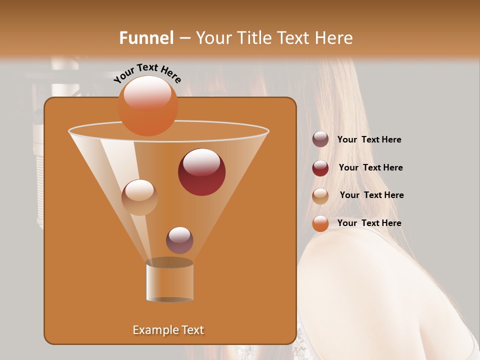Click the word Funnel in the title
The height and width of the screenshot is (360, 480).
pyautogui.click(x=146, y=38)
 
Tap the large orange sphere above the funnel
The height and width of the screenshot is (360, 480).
pyautogui.click(x=147, y=105)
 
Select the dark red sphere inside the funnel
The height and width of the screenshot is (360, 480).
pyautogui.click(x=201, y=171)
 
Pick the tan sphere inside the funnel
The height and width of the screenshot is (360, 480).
pyautogui.click(x=139, y=197)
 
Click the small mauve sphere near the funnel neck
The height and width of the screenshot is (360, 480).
pyautogui.click(x=179, y=240)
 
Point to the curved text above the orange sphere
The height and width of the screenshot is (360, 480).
pyautogui.click(x=147, y=73)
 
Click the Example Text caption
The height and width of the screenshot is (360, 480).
pyautogui.click(x=168, y=330)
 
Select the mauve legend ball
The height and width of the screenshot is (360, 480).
pyautogui.click(x=320, y=139)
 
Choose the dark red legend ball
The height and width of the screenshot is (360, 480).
pyautogui.click(x=320, y=168)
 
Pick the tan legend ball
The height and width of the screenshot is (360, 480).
pyautogui.click(x=320, y=196)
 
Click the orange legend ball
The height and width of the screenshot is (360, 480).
pyautogui.click(x=320, y=223)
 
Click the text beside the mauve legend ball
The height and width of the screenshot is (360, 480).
pyautogui.click(x=369, y=140)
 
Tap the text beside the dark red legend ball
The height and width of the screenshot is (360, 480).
pyautogui.click(x=370, y=167)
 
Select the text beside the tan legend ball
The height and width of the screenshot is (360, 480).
pyautogui.click(x=371, y=195)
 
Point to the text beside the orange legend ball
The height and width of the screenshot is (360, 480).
pyautogui.click(x=369, y=223)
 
